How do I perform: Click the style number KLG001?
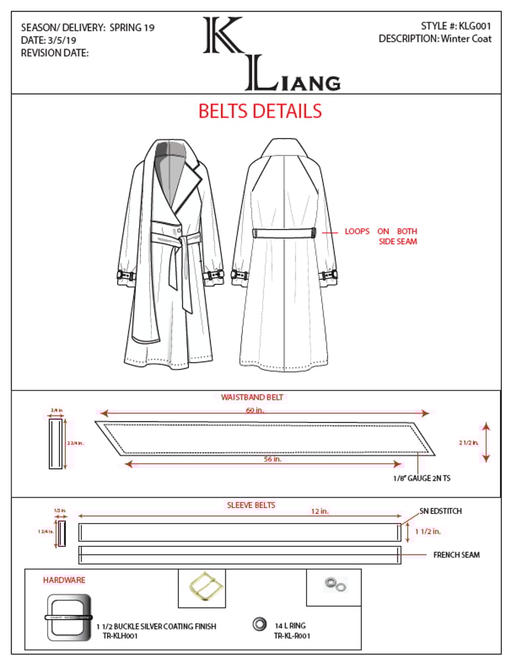point(474,26)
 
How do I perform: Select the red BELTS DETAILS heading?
point(259,111)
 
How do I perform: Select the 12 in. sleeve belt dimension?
point(319,511)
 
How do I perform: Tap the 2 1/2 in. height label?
point(468,442)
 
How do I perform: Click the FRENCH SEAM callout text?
point(456,555)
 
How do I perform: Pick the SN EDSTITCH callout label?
point(440,511)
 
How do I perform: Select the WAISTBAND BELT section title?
point(252,397)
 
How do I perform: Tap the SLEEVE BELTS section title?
point(251,505)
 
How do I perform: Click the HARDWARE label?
point(64,581)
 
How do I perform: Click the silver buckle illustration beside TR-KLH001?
point(67,617)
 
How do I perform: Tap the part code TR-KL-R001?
point(292,636)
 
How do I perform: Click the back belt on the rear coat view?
point(284,233)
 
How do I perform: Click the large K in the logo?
point(224,36)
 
